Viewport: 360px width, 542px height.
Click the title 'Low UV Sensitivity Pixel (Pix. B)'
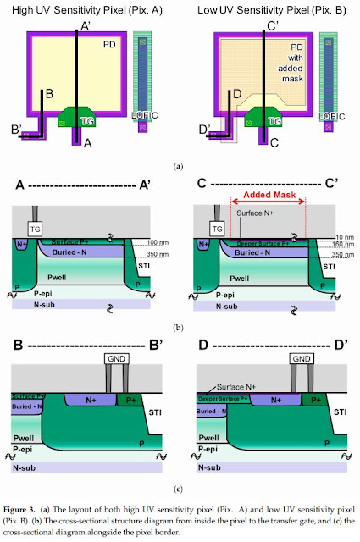point(268,10)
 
